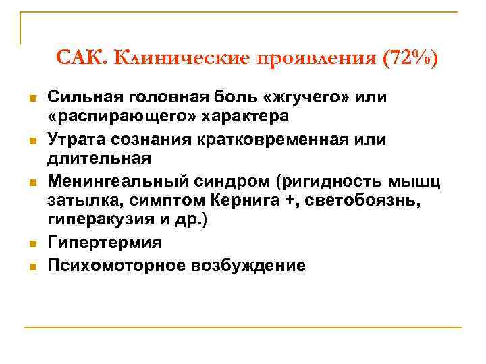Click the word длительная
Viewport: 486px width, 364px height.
[x=99, y=158]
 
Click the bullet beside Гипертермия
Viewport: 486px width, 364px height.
[x=31, y=243]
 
